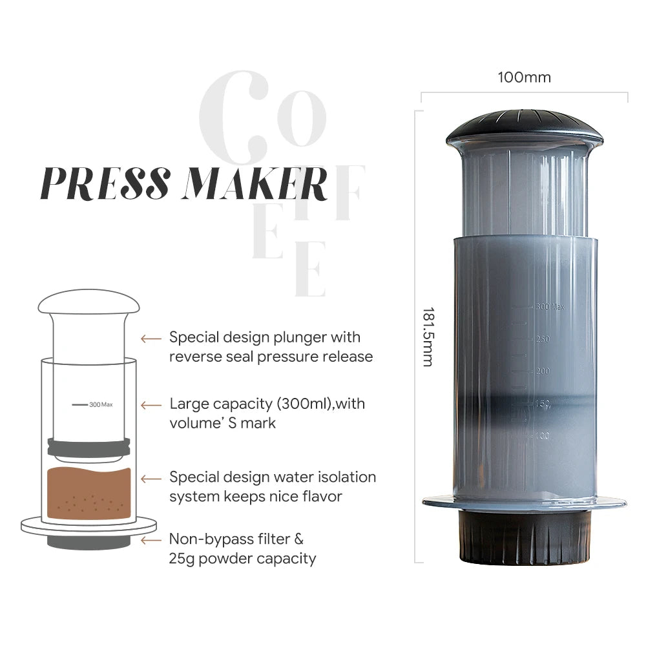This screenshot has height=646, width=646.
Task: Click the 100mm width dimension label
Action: click(524, 78)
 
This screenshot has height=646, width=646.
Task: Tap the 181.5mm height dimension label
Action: click(428, 336)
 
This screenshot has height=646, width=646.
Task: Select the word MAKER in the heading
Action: click(256, 183)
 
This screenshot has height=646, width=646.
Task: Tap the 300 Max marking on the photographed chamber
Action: click(550, 306)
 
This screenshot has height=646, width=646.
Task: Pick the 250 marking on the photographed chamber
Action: click(543, 339)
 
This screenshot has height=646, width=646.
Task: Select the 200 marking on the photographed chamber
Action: click(543, 371)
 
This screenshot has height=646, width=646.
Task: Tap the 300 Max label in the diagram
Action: click(101, 404)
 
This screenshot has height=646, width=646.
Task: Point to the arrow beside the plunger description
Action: click(151, 338)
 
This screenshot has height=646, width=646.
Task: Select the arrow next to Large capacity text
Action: click(151, 405)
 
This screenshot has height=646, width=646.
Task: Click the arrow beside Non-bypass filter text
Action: click(151, 539)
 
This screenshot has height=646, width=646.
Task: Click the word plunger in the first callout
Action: click(302, 337)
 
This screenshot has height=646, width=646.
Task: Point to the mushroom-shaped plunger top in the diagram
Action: click(89, 302)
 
